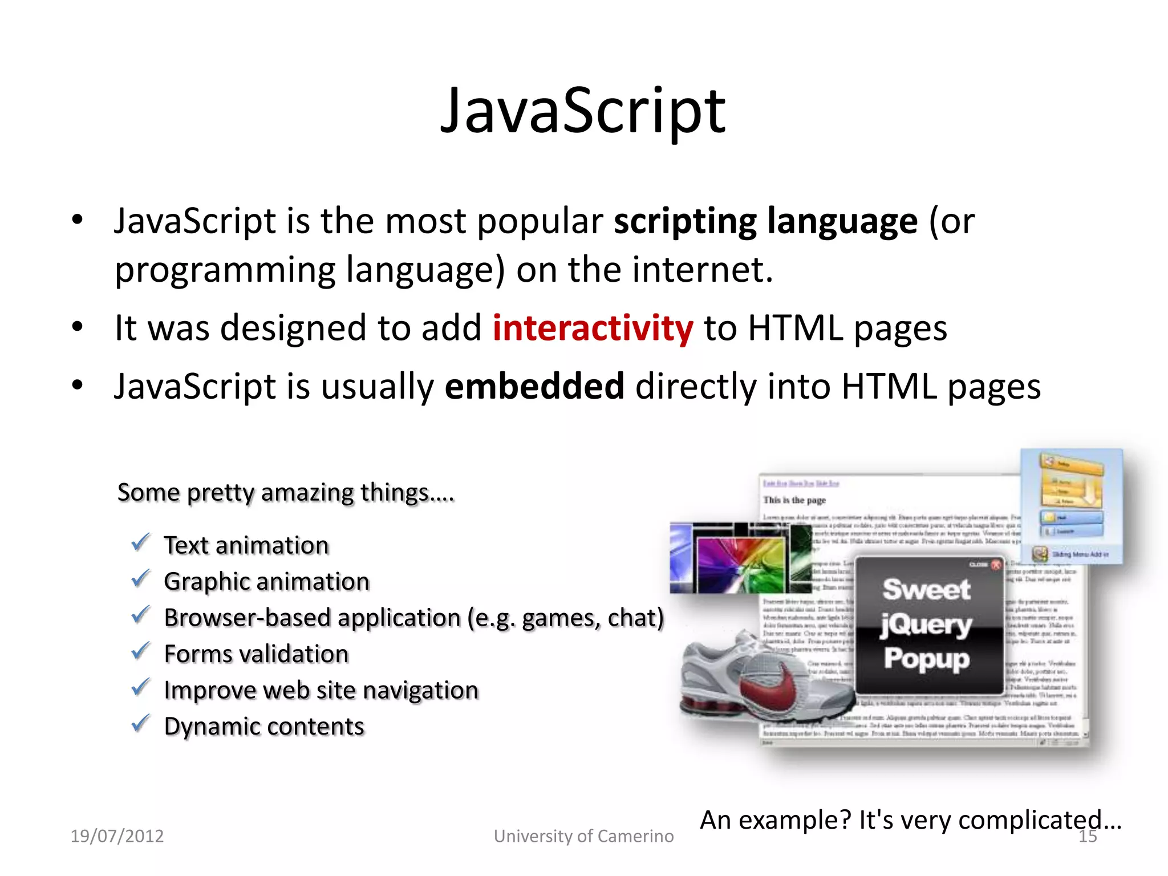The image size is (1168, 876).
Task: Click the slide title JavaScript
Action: point(583,111)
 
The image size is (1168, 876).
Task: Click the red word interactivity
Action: point(593,328)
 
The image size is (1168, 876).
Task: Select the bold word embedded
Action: point(534,386)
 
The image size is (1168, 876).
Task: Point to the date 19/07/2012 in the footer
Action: point(117,836)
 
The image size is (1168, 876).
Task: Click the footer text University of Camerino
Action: point(583,836)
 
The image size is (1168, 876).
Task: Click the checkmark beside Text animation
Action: point(140,542)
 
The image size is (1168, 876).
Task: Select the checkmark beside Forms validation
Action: point(140,651)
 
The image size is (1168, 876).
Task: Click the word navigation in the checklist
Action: point(420,691)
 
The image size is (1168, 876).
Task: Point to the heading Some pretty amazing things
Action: point(285,493)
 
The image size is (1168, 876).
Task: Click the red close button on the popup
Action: point(996,565)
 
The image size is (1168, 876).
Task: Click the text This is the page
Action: point(794,500)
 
